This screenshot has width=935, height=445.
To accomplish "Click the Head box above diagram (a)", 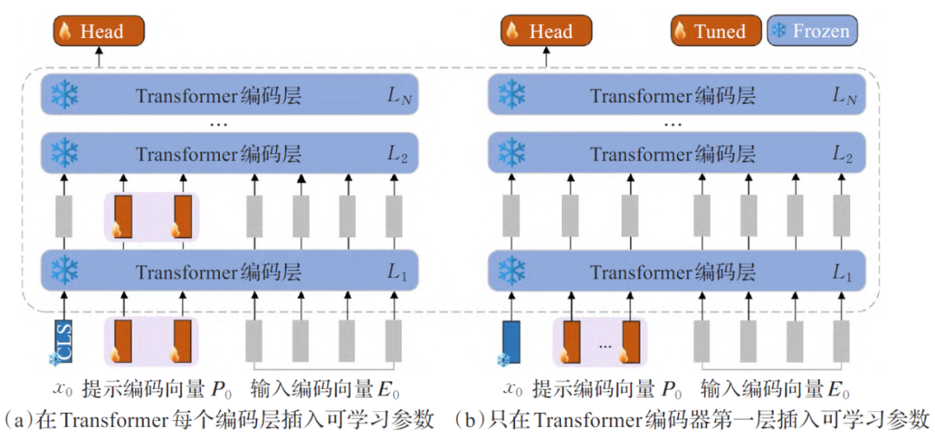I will coord(98,32).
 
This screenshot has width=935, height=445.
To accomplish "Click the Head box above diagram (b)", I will coord(546,32).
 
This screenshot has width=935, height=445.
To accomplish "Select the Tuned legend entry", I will coord(716,32).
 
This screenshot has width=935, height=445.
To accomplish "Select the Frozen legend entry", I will coord(811,32).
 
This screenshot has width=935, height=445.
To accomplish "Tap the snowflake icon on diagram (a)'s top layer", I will coord(64,94).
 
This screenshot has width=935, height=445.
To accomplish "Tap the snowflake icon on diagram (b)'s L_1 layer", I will coord(512,271).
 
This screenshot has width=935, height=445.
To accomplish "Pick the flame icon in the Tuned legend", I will coord(681,32).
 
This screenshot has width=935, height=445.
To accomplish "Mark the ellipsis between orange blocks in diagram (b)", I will coord(604,344).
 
